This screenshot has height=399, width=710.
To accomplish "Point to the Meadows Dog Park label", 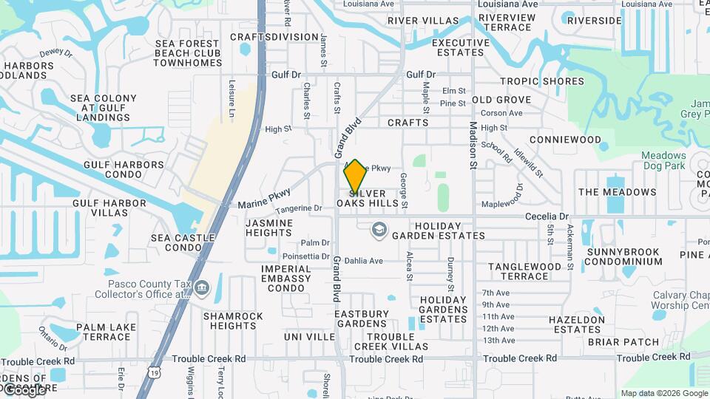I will pyautogui.click(x=663, y=160).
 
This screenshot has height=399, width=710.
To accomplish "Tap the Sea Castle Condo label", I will pyautogui.click(x=183, y=243).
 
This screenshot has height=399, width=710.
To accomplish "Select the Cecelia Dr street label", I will pyautogui.click(x=547, y=216).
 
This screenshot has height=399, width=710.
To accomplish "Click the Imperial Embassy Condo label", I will pyautogui.click(x=286, y=278).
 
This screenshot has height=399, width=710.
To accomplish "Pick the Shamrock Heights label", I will pyautogui.click(x=233, y=321).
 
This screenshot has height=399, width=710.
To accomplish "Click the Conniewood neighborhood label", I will pyautogui.click(x=566, y=139).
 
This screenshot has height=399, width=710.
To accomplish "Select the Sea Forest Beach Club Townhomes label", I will pyautogui.click(x=188, y=53).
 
